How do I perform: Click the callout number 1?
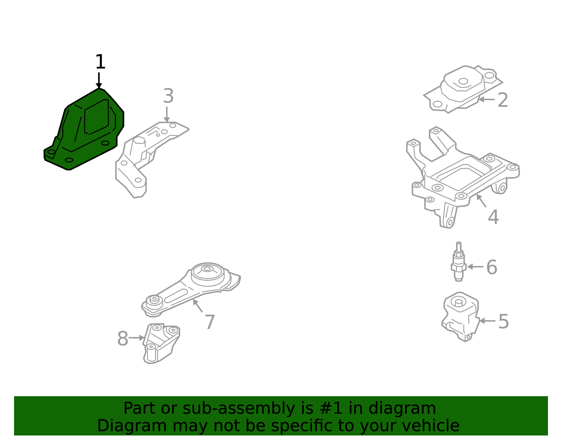pos(100,62)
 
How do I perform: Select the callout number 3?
pos(168,96)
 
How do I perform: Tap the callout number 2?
pos(503,100)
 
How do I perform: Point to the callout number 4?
pos(493,217)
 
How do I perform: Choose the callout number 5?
pos(503,322)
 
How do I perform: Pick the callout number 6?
pos(491,267)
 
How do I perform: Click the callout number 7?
pos(210,322)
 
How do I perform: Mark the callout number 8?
pos(123,339)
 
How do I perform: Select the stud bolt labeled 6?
pos(458,262)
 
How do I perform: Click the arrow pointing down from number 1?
pos(99,80)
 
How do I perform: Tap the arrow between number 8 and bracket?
pos(137,338)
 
